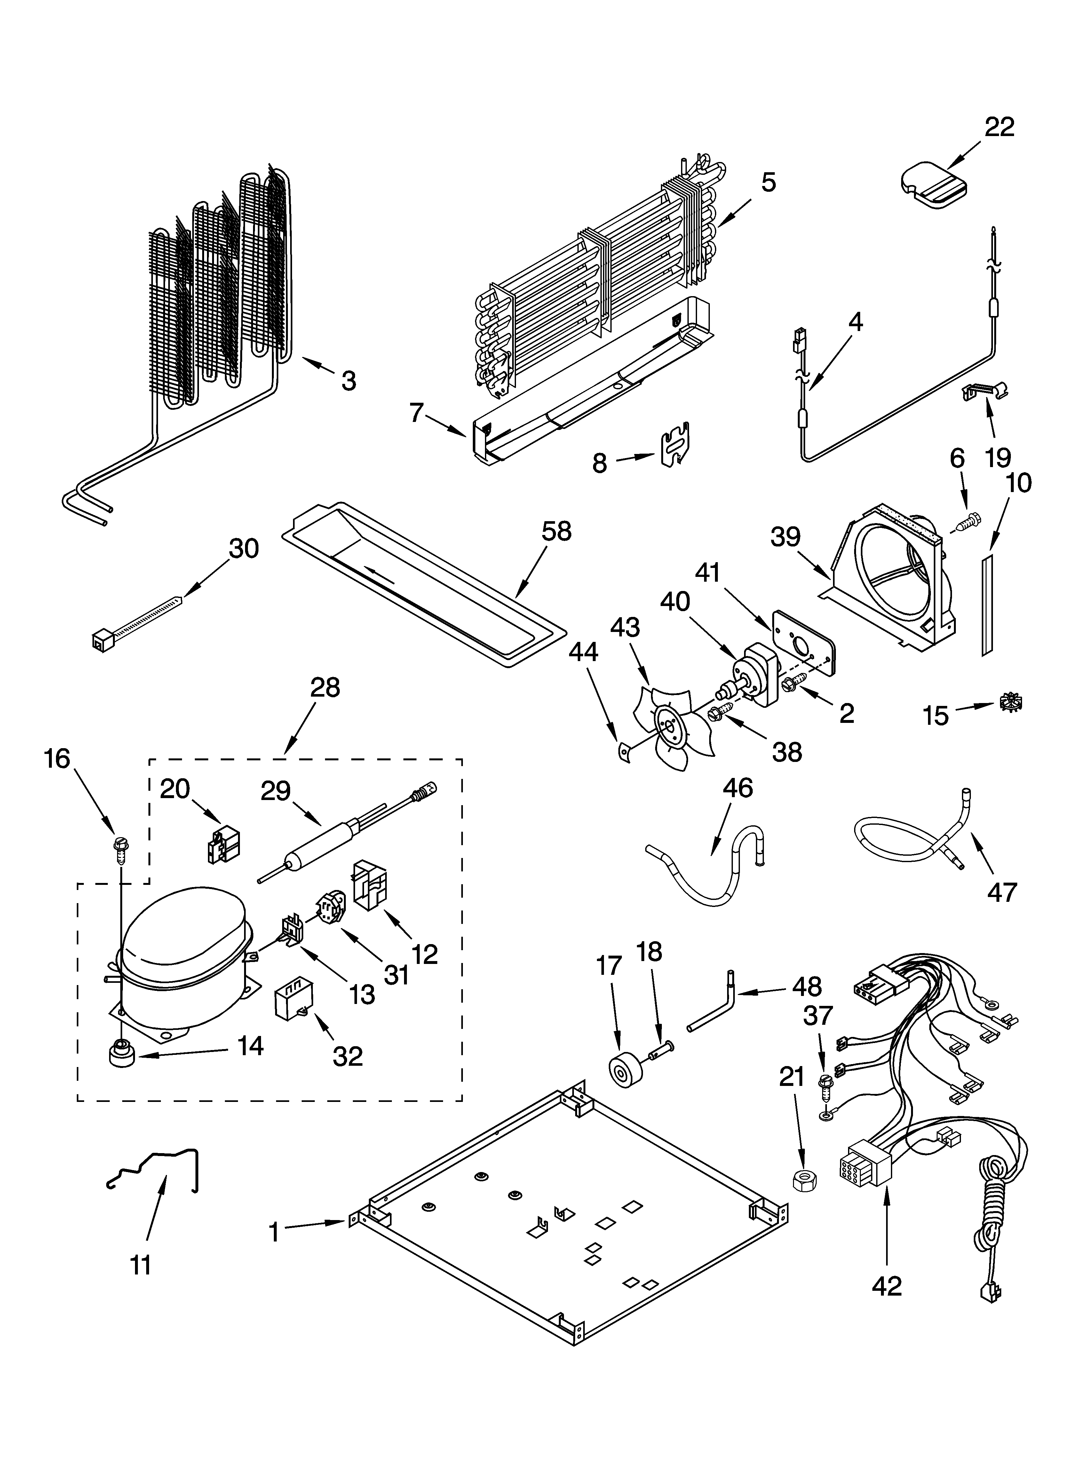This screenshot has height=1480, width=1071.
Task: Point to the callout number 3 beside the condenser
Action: pos(349,380)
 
